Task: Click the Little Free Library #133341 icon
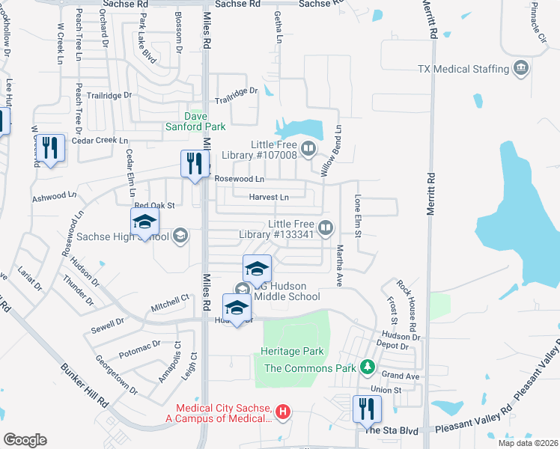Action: pyautogui.click(x=326, y=227)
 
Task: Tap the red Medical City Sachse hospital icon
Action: pyautogui.click(x=283, y=411)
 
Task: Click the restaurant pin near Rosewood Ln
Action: pyautogui.click(x=195, y=164)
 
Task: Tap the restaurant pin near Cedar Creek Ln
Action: pyautogui.click(x=50, y=147)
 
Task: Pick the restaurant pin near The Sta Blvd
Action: pyautogui.click(x=367, y=409)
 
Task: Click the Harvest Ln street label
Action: pyautogui.click(x=269, y=198)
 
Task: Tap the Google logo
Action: pyautogui.click(x=25, y=439)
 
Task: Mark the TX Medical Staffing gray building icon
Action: pyautogui.click(x=520, y=70)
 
